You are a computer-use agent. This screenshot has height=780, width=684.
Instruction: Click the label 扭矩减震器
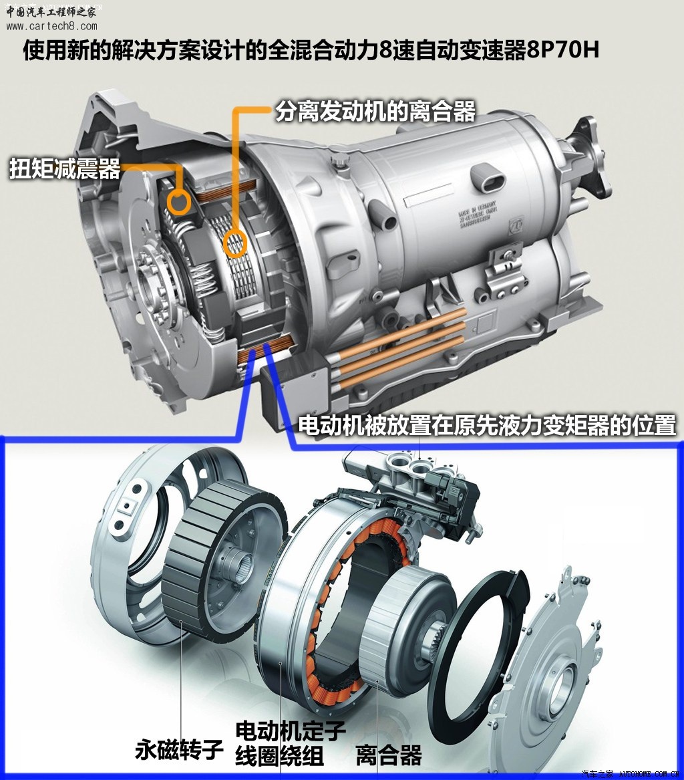[64, 169]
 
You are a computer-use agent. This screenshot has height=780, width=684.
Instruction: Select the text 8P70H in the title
[562, 51]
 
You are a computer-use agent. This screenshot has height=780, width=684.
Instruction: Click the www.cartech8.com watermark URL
[51, 27]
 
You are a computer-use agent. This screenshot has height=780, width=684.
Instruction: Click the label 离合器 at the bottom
[389, 755]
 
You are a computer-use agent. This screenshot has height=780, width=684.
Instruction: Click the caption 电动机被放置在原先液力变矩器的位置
[487, 425]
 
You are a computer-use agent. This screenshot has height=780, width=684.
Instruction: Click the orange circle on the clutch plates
[234, 245]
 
